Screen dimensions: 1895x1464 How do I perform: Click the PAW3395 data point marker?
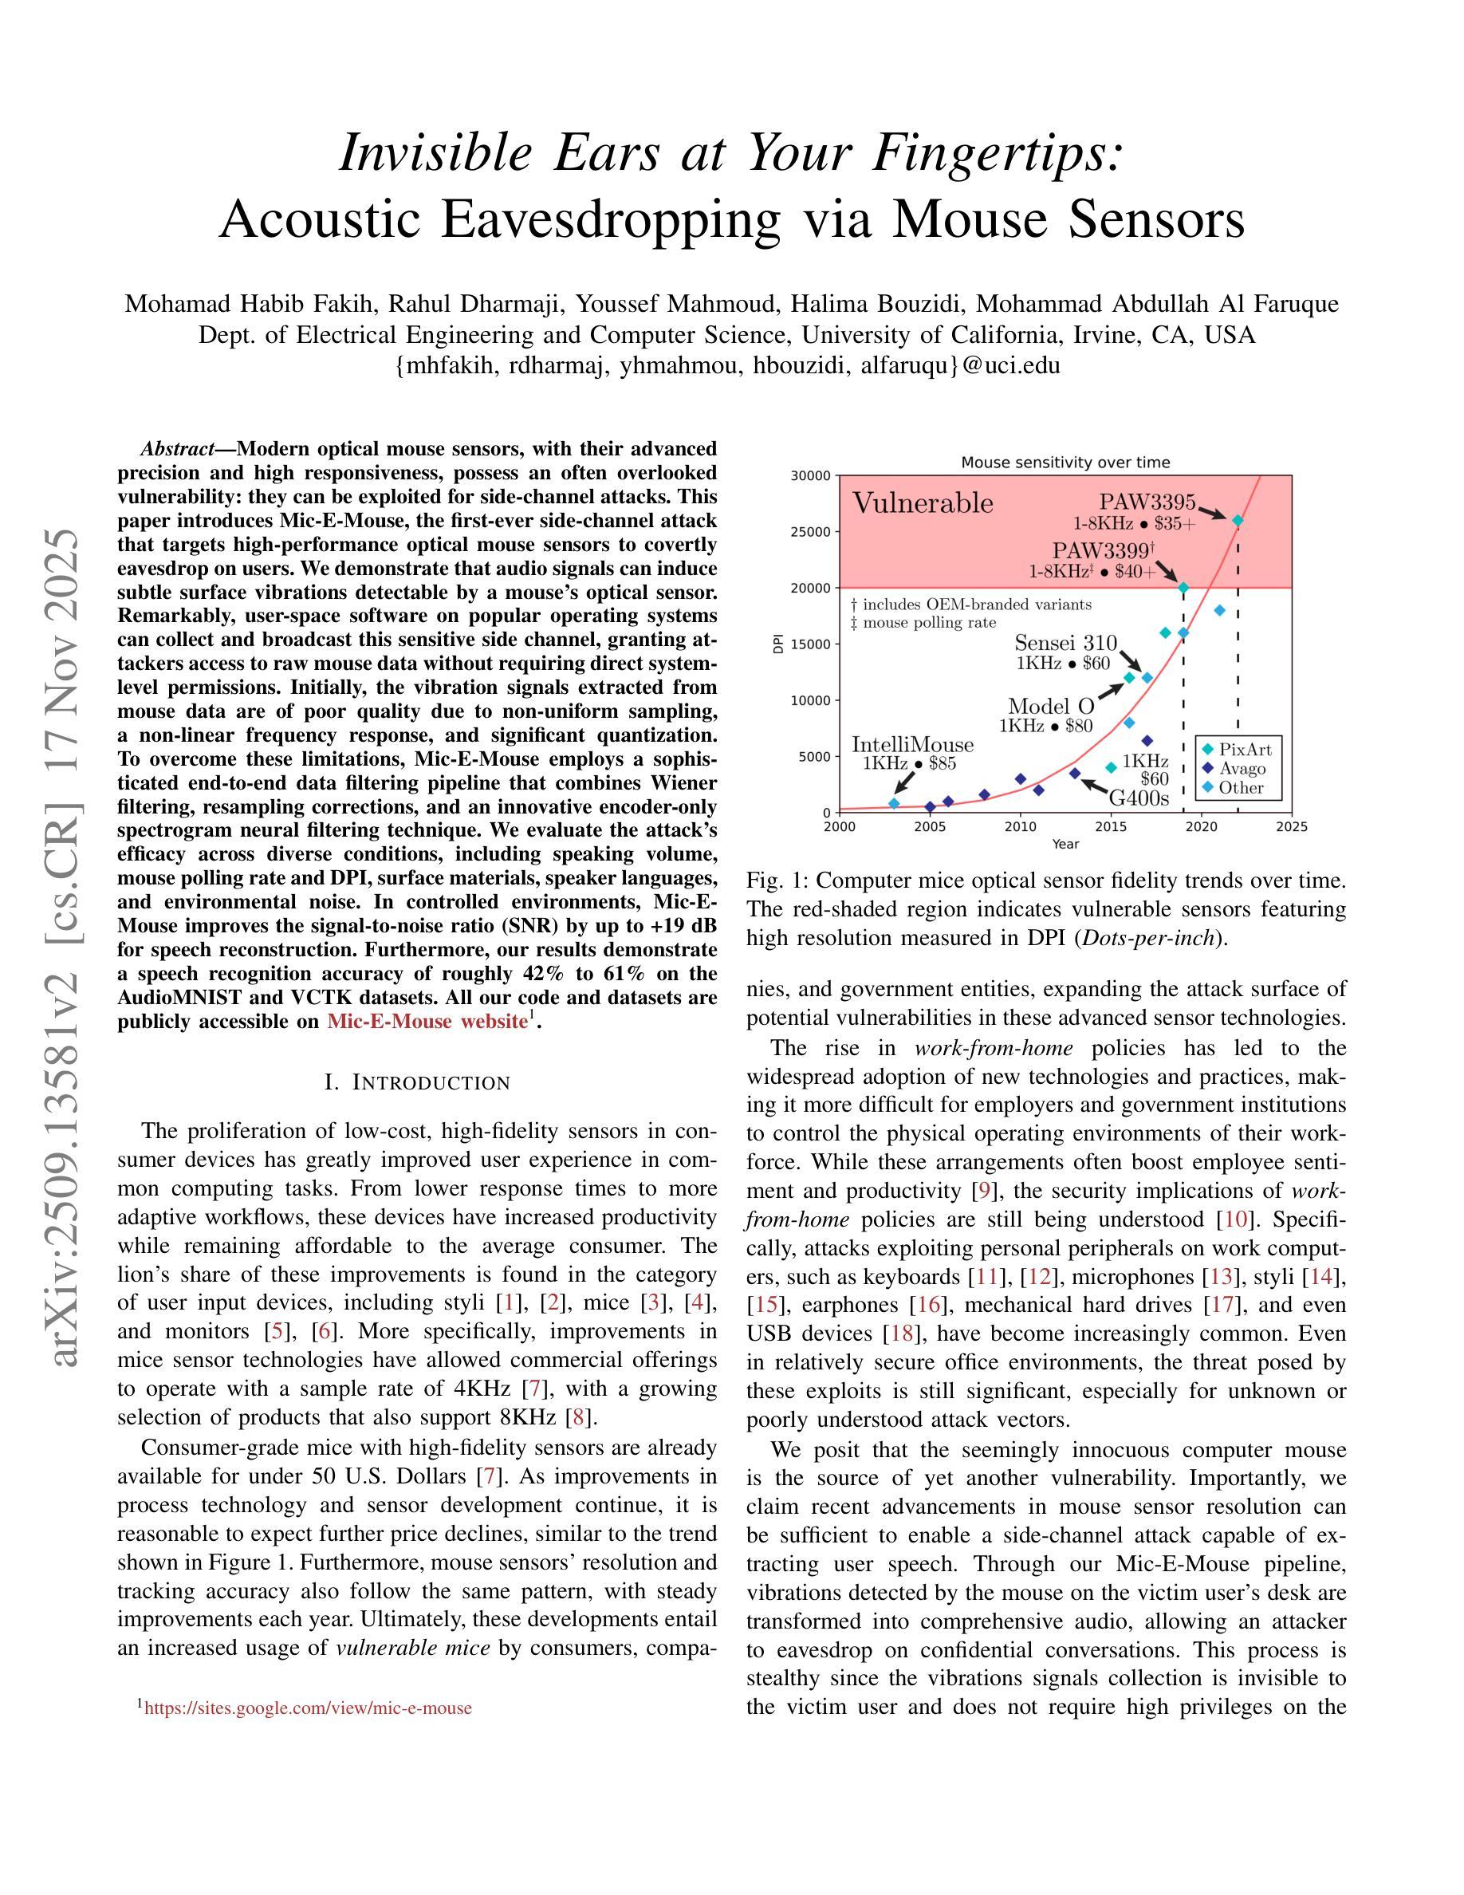coord(1238,521)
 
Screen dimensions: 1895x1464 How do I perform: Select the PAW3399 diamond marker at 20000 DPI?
coord(1183,588)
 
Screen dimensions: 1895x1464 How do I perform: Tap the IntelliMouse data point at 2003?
coord(894,803)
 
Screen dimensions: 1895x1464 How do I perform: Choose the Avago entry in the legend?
coord(1242,769)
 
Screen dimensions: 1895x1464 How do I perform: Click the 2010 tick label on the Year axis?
coord(1020,827)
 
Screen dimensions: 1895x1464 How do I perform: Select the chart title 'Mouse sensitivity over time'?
coord(1065,463)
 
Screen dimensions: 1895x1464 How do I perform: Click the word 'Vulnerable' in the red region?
coord(923,503)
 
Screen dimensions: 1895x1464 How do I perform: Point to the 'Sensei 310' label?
coord(1066,643)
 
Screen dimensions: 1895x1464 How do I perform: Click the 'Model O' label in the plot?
coord(1050,707)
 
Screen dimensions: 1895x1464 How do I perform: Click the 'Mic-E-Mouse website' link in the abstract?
coord(427,1021)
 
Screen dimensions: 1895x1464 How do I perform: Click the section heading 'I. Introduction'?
coord(417,1083)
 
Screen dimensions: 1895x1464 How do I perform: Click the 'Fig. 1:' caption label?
coord(777,881)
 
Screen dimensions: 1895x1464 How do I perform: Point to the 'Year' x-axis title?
coord(1065,843)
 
